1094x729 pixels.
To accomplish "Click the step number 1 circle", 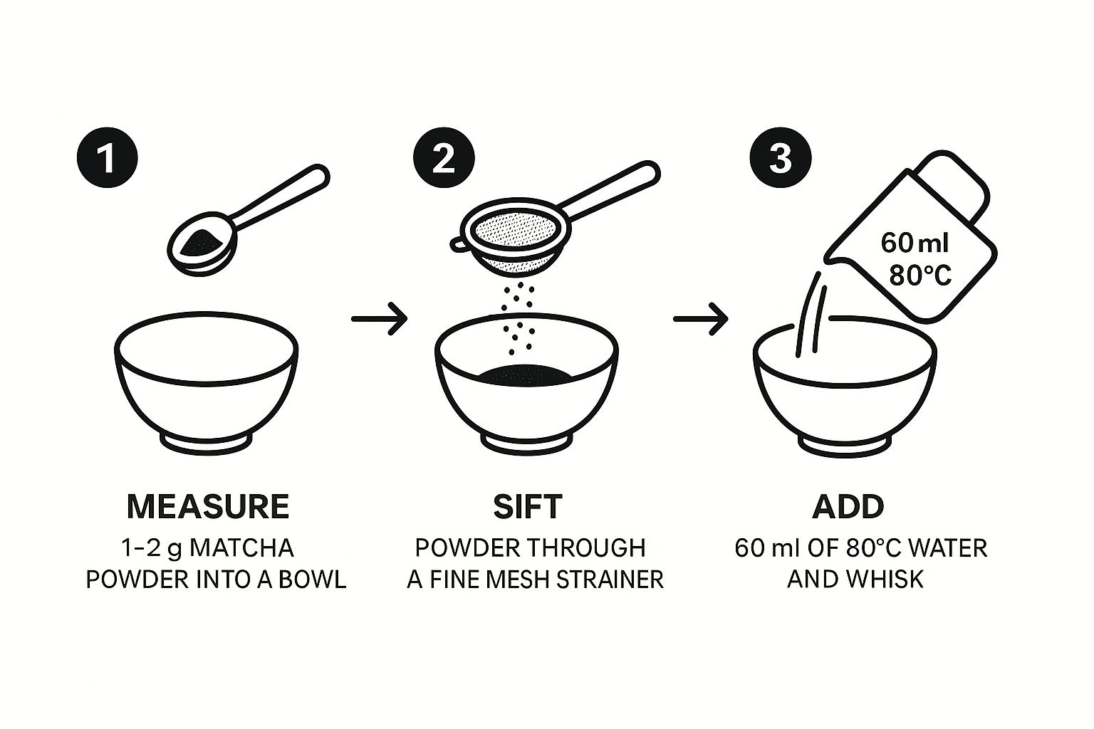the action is (x=108, y=158).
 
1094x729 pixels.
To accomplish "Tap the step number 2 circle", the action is (x=444, y=158).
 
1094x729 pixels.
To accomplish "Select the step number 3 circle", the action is (x=781, y=158).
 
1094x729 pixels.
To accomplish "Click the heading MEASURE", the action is (x=208, y=506).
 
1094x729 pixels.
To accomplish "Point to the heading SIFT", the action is (x=528, y=506).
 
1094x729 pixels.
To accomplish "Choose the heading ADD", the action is (x=848, y=506).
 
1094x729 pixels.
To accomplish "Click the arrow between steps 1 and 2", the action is (x=379, y=319).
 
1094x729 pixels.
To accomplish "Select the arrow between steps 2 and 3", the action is (x=701, y=319).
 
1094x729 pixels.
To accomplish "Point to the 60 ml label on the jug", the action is (x=915, y=243).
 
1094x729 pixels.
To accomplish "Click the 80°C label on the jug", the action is (x=920, y=276).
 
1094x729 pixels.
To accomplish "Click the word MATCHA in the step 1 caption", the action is (x=241, y=548).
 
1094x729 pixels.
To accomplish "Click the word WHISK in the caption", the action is (x=885, y=579).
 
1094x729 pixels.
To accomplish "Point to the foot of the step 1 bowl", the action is (x=207, y=442).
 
